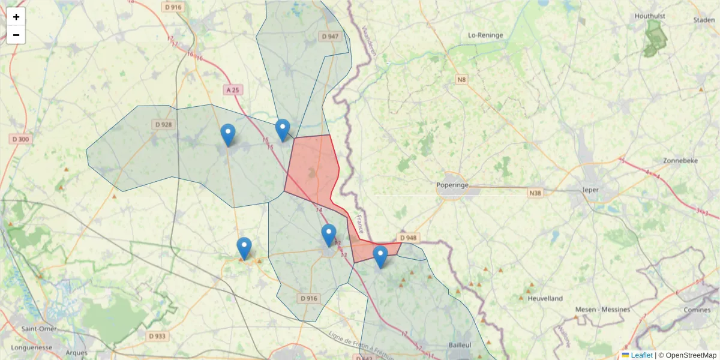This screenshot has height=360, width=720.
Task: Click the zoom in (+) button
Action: [x=16, y=17]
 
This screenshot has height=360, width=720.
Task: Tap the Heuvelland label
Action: [x=545, y=298]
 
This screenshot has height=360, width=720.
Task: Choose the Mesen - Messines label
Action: [x=602, y=310]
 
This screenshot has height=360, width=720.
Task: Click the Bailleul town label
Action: [x=460, y=345]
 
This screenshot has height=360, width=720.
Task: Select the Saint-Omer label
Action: [x=39, y=329]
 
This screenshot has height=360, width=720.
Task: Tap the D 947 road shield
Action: [x=330, y=37]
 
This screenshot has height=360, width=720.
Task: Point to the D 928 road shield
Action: [x=163, y=125]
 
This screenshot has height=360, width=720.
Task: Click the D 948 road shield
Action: [x=407, y=238]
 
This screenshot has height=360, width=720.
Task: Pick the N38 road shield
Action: [x=535, y=193]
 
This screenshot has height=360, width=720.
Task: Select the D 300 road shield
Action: [x=20, y=139]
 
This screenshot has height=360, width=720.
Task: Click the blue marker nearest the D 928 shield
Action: [x=228, y=134]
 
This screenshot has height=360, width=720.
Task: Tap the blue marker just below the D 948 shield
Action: [x=380, y=256]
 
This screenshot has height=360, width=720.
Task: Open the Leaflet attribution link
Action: [x=641, y=355]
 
